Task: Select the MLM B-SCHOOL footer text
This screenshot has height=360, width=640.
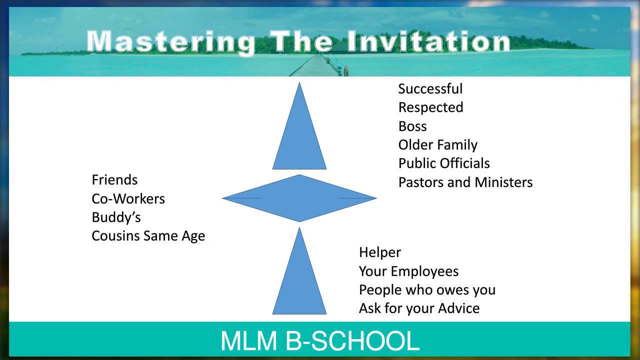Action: click(319, 340)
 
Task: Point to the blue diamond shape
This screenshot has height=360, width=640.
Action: click(299, 198)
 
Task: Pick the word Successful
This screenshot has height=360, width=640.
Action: click(430, 89)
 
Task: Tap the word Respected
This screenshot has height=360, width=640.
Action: click(430, 107)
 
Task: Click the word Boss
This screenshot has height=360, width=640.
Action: click(412, 126)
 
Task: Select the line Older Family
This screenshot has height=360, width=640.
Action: click(437, 145)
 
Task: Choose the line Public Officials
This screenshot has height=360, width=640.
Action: click(443, 163)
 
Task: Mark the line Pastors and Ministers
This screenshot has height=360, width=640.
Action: click(465, 182)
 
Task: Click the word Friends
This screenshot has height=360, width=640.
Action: click(114, 179)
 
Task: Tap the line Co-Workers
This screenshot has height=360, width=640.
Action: click(128, 198)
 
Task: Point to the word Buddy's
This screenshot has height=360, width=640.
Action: click(116, 217)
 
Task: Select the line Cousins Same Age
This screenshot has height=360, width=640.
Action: click(148, 236)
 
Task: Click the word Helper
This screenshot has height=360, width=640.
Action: click(379, 252)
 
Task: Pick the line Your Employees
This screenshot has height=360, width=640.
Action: click(408, 271)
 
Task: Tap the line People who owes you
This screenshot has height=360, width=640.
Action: click(427, 290)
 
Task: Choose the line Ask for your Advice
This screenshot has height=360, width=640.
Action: click(419, 308)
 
